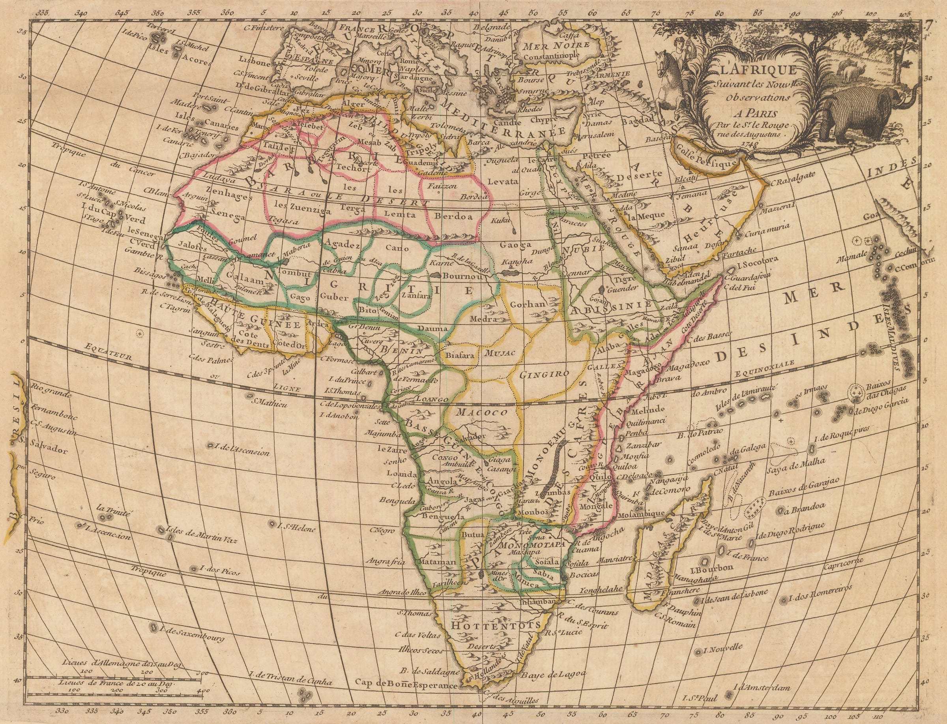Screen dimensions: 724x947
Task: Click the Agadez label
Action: [x=343, y=245]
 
